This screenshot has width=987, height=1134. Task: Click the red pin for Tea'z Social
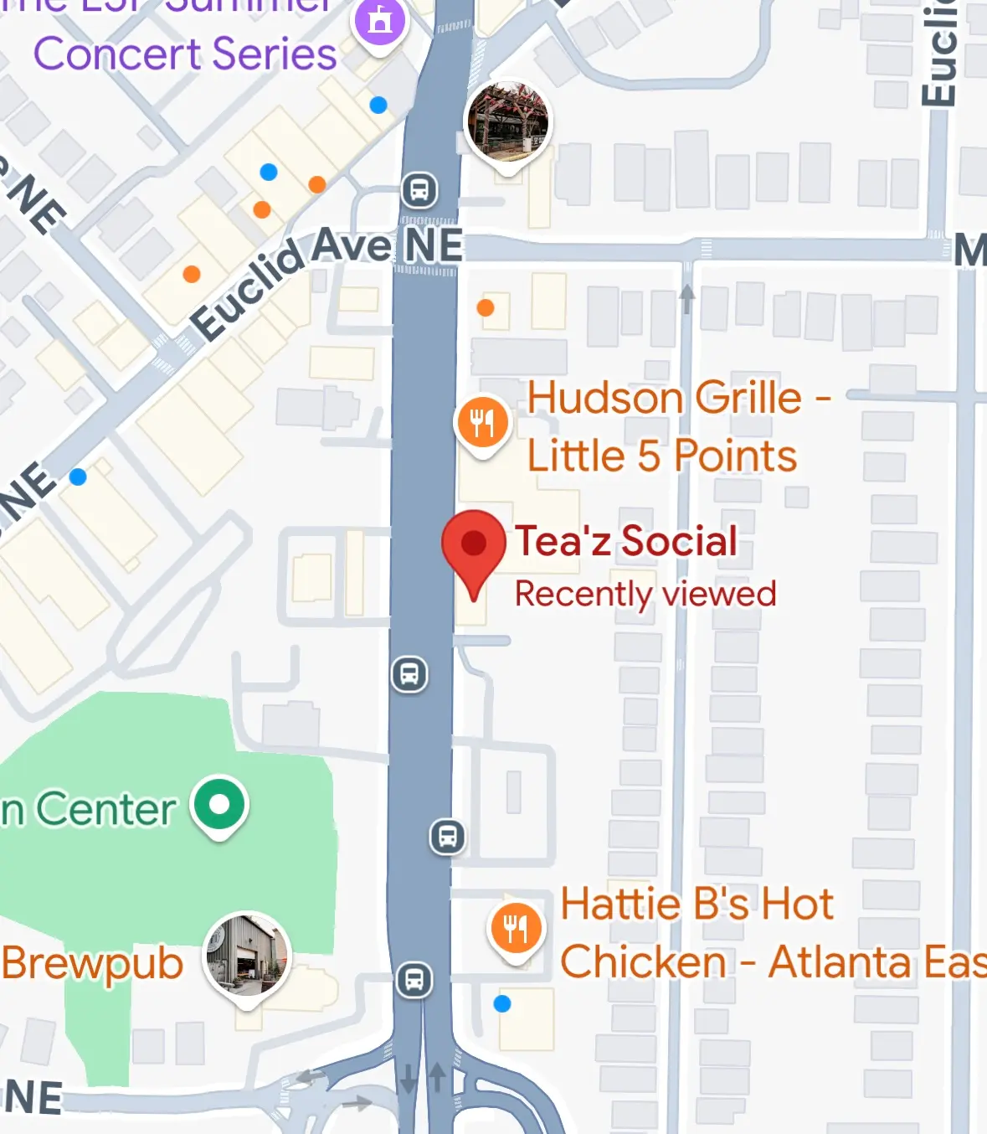tap(474, 545)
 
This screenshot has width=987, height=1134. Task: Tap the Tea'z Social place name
tap(626, 541)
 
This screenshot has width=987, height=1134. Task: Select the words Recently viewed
tap(645, 594)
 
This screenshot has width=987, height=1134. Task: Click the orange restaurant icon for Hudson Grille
tap(482, 423)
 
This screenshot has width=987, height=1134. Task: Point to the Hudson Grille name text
tap(665, 398)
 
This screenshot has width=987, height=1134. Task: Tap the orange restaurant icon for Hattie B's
tap(516, 929)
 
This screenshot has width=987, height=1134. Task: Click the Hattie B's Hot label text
tap(697, 905)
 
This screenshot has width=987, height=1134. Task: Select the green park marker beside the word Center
tap(219, 805)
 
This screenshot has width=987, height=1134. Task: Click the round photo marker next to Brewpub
tap(247, 956)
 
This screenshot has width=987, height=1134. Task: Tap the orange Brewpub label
tap(93, 963)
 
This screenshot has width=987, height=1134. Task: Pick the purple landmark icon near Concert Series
tap(380, 22)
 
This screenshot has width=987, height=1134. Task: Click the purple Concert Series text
tap(185, 54)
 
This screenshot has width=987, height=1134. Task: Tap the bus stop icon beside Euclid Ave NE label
tap(419, 191)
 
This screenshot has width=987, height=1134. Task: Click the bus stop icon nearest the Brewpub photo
tap(414, 979)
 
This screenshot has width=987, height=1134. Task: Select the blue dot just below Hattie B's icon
tap(502, 1003)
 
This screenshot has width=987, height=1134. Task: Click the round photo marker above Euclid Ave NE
tap(507, 121)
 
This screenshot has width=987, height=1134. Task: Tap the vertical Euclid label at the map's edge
tap(939, 55)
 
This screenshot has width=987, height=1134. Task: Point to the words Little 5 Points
tap(661, 456)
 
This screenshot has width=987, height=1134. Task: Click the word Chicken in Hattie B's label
tap(643, 961)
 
